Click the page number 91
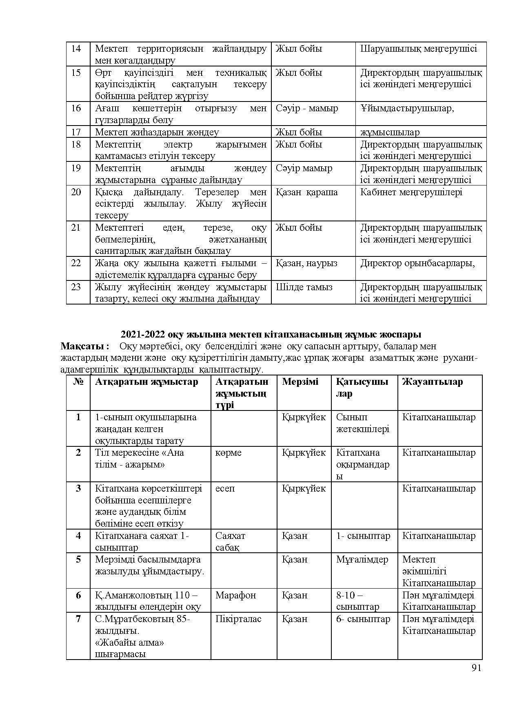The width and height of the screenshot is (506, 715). (476, 668)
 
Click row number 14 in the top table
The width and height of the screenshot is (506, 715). (76, 49)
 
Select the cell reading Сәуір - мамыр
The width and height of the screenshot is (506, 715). (307, 108)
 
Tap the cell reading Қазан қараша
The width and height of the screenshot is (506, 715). (307, 192)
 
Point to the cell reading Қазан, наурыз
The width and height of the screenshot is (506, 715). (306, 263)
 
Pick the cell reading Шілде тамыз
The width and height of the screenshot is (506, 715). (304, 287)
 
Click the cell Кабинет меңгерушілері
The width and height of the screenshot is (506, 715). (411, 192)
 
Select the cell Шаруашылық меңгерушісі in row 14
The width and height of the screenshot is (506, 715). (419, 49)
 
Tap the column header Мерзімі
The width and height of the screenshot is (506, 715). (300, 382)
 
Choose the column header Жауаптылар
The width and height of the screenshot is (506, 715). (433, 382)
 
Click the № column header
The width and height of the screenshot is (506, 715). (78, 382)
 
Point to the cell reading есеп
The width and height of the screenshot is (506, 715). (225, 488)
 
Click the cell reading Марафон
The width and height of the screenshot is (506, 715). (235, 595)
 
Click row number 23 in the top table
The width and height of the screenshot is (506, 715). (76, 287)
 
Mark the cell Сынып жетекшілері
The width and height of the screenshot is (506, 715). (362, 423)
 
